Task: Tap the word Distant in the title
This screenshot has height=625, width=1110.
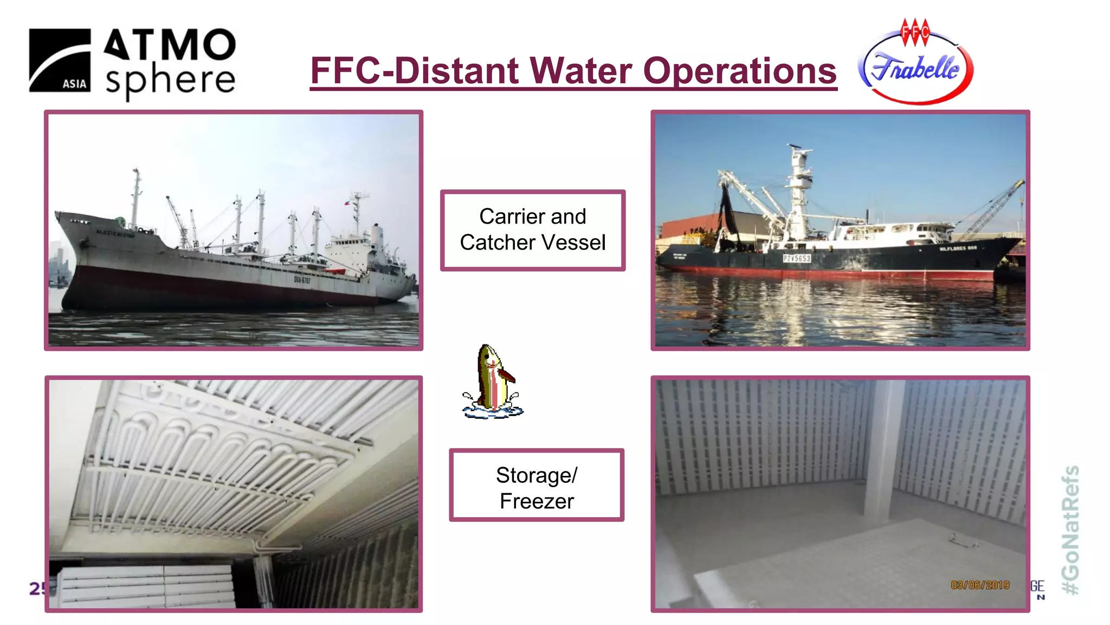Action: pyautogui.click(x=456, y=71)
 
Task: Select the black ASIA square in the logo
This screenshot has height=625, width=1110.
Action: pyautogui.click(x=60, y=60)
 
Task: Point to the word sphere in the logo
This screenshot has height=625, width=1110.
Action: pyautogui.click(x=170, y=81)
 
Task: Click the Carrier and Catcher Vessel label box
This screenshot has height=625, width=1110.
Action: pyautogui.click(x=533, y=230)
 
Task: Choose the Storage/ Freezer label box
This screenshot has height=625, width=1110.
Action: pyautogui.click(x=537, y=486)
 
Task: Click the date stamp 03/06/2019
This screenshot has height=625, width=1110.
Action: pyautogui.click(x=980, y=585)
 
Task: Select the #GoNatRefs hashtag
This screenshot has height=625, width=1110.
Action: pyautogui.click(x=1070, y=530)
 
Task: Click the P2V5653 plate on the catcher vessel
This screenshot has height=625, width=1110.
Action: pyautogui.click(x=797, y=259)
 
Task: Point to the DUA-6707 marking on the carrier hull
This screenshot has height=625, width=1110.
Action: pyautogui.click(x=302, y=280)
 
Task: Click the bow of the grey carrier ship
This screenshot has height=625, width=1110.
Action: pyautogui.click(x=68, y=228)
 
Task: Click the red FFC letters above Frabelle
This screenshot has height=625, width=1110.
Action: pyautogui.click(x=915, y=31)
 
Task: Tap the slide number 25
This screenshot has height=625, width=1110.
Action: pyautogui.click(x=37, y=588)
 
